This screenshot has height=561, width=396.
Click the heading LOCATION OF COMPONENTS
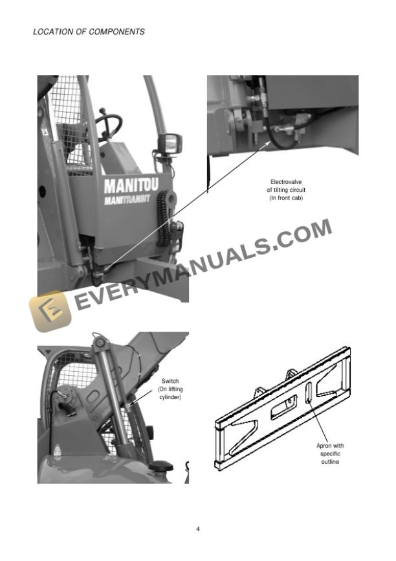(x=89, y=32)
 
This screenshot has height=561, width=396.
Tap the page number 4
(x=198, y=529)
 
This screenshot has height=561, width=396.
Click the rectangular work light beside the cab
(x=173, y=143)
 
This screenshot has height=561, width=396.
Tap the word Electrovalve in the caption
(x=286, y=182)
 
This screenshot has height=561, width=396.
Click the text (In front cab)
(x=286, y=198)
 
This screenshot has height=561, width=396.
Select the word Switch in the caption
(x=170, y=382)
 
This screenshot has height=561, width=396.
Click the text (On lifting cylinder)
(x=170, y=393)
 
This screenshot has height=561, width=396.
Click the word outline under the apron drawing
(x=330, y=462)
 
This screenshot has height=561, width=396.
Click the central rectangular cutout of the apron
(x=284, y=407)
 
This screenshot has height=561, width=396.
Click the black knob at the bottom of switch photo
(x=159, y=466)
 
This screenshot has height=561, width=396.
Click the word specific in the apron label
(x=330, y=454)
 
